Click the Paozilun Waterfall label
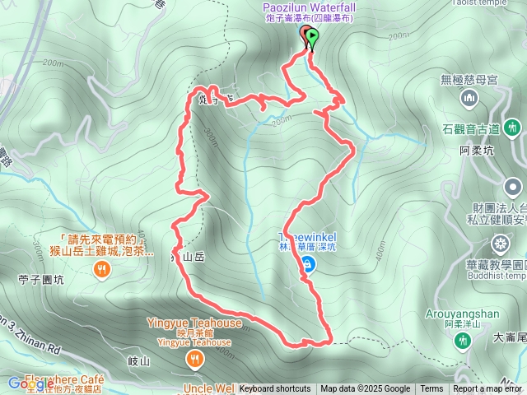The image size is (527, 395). [x=309, y=7]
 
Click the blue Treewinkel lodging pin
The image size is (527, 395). [x=308, y=264]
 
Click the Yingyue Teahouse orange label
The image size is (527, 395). [x=194, y=323]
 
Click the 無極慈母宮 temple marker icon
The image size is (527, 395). [x=469, y=99]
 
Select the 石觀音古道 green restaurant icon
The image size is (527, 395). [x=513, y=128]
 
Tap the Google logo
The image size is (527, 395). [x=31, y=383]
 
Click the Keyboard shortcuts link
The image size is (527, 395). [x=275, y=389]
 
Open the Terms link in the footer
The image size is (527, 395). [x=431, y=389]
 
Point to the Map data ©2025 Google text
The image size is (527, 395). [x=365, y=389]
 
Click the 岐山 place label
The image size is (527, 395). [x=139, y=361]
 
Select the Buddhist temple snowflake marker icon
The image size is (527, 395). [x=499, y=244]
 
